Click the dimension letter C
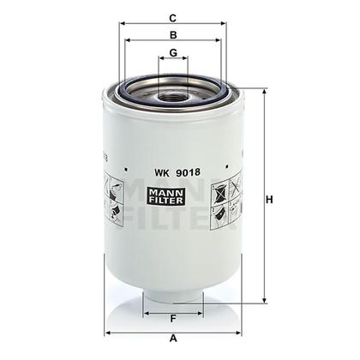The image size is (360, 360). (x=173, y=17)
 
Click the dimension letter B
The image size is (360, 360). (x=173, y=35)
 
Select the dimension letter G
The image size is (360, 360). (x=173, y=53)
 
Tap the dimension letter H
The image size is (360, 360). (x=268, y=200)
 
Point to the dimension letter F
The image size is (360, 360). (x=173, y=321)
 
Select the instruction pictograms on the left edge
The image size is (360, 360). (x=113, y=200)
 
